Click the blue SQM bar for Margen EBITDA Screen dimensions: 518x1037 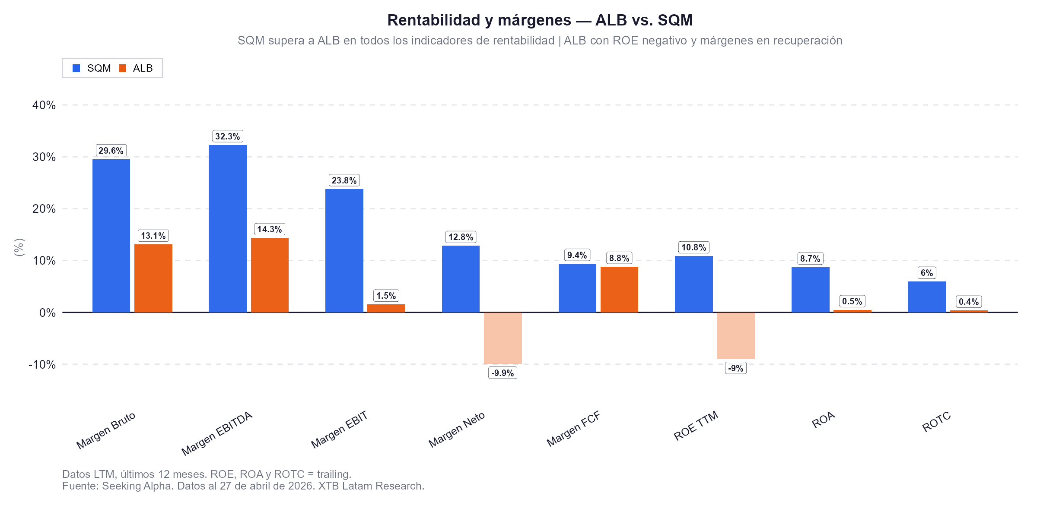coord(227,229)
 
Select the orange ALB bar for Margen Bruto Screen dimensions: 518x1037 coord(153,278)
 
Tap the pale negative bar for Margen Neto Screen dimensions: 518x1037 coord(503,338)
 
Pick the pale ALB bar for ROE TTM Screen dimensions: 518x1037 coord(735,336)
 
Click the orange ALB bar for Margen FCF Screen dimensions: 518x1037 coord(619,290)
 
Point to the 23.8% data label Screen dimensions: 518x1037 coord(344,180)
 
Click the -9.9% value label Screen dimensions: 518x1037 coord(503,373)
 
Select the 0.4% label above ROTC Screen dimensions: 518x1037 coord(968,302)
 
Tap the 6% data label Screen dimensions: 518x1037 coord(926,273)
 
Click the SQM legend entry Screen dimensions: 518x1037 coord(92,68)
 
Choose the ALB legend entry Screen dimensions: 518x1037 coord(136,68)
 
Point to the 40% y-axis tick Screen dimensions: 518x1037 coord(44,105)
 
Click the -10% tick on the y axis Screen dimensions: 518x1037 coord(42,364)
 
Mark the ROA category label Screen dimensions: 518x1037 coord(823,420)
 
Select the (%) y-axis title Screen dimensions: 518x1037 coord(19,247)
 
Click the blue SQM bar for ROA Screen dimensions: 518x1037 coord(810,290)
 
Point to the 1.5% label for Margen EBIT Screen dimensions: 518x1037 coord(386,296)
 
